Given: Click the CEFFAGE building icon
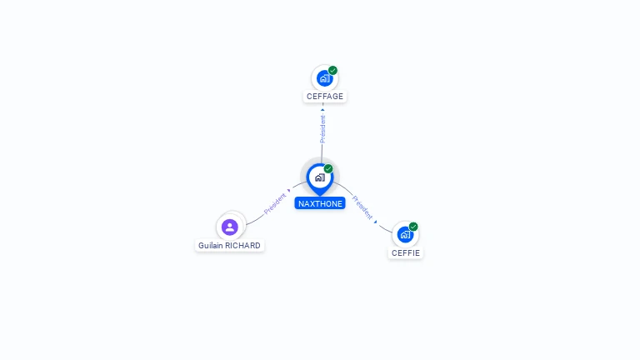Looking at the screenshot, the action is coord(324,78).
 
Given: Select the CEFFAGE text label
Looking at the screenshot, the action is coord(325,97).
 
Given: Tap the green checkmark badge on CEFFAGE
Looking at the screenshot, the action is coord(332,70).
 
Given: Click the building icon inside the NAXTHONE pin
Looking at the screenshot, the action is coord(320,177).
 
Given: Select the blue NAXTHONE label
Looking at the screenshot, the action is coord(320,203).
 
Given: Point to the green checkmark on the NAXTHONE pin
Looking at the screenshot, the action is coord(328,168).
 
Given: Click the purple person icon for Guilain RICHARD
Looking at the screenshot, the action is coord(230,227).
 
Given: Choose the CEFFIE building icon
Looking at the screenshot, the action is coord(405,235).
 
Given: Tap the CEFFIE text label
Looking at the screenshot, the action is coord(406,253).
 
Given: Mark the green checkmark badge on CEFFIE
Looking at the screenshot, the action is coord(413,227).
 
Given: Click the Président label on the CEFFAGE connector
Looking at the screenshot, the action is coord(322,129).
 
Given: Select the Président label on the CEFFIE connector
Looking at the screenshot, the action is coord(362,207).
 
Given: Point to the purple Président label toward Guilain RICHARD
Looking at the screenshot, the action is coord(275,203).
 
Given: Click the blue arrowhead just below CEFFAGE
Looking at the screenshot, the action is coord(322,110).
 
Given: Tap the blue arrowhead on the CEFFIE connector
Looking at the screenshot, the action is coord(376,222).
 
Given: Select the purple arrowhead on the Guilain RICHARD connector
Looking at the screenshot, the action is coord(289,191).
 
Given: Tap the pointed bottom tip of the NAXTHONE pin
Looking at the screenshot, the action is coord(320,196).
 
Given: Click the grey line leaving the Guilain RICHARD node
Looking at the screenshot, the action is coord(255,220).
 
